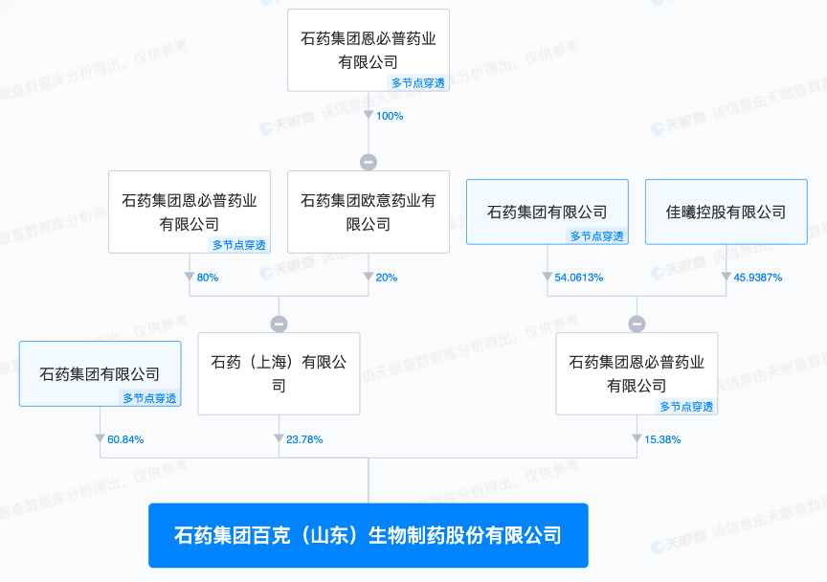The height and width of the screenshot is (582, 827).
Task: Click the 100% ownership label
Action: tap(390, 116)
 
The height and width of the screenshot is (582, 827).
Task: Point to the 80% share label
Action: tap(207, 278)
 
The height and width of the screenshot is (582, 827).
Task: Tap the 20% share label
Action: tap(386, 278)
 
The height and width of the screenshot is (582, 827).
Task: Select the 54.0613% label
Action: tap(578, 278)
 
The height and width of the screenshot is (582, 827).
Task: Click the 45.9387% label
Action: tap(757, 278)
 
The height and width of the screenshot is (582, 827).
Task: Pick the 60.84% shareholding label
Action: tap(124, 439)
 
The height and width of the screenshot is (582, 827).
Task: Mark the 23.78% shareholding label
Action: tap(303, 439)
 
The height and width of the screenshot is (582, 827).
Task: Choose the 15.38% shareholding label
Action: tap(661, 439)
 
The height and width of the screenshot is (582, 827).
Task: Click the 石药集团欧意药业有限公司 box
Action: tap(369, 212)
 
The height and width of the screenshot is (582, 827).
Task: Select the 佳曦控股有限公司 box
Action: tap(726, 212)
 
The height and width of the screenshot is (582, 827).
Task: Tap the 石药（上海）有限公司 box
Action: tap(279, 373)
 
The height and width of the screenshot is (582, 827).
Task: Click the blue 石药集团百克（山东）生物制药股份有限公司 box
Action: tap(369, 535)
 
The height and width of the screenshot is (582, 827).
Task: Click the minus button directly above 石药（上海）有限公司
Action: tap(279, 324)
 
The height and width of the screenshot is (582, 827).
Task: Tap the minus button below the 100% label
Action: tap(369, 162)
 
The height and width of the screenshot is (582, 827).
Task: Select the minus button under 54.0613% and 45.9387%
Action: tap(637, 324)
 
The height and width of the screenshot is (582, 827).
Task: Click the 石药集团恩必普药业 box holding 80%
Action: tap(190, 212)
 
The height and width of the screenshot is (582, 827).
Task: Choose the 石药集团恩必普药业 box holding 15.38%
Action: tap(637, 373)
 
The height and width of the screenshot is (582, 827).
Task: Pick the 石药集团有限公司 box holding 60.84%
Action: tap(100, 373)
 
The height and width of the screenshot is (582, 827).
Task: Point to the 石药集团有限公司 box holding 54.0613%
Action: tap(547, 212)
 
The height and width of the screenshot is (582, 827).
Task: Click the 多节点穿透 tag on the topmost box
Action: tap(418, 83)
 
